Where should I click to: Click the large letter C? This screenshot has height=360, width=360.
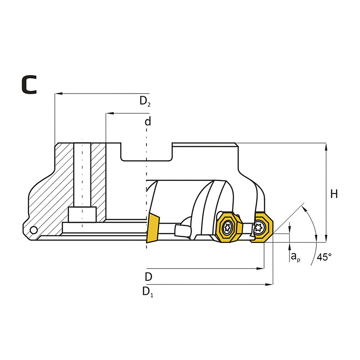pos(29,85)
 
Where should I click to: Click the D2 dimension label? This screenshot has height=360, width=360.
pos(145,101)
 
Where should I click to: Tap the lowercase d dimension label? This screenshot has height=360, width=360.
pos(148,121)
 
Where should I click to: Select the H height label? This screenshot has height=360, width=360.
pos(334,194)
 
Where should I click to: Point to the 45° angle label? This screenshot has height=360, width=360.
pos(324,257)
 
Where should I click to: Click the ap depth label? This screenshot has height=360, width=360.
pos(296,256)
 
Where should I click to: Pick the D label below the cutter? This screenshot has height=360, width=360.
pos(148,277)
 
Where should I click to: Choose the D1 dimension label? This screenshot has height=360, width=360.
pos(148,292)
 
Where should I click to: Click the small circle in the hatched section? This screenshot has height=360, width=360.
pos(34,230)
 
